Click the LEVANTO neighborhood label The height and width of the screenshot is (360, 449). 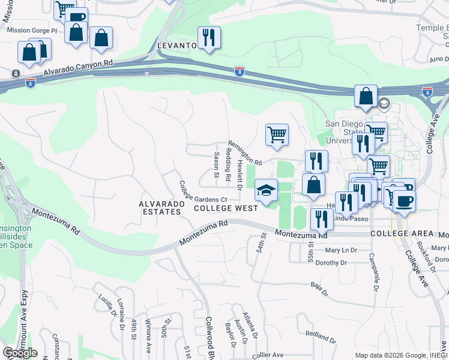click(177, 46)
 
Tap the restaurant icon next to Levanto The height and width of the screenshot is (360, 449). click(209, 38)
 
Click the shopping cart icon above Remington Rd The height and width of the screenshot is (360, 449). click(277, 135)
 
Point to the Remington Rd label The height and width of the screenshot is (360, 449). click(246, 154)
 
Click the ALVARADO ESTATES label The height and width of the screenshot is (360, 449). click(160, 208)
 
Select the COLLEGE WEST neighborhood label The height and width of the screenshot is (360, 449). click(226, 208)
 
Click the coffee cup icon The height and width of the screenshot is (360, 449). click(404, 201)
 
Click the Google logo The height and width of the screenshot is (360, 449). click(20, 353)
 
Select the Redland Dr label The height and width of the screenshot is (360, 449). click(321, 334)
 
